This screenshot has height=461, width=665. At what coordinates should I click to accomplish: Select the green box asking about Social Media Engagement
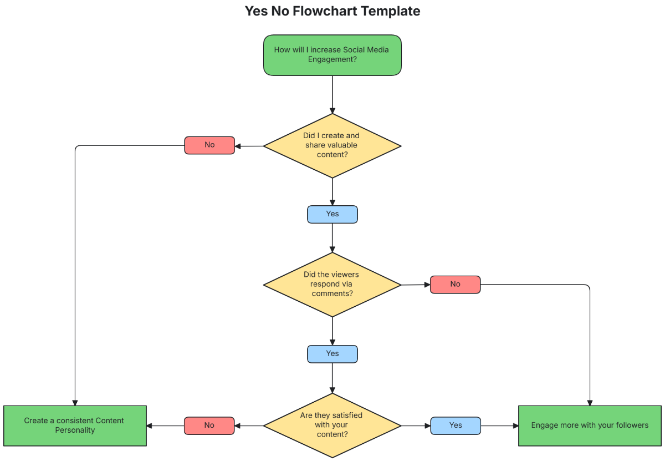coord(332,55)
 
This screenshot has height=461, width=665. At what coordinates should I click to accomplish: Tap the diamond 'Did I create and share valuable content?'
coord(332,146)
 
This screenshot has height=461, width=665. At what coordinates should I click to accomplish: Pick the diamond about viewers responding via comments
coord(332,285)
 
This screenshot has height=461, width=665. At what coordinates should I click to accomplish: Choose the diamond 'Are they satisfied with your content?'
coord(332,425)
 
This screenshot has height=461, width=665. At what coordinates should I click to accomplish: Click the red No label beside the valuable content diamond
coord(209,145)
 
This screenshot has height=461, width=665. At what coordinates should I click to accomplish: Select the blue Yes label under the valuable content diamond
coord(332,214)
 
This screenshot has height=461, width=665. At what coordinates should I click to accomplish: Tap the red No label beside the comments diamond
coord(455,285)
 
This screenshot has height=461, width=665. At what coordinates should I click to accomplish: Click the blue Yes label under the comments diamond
coord(332,354)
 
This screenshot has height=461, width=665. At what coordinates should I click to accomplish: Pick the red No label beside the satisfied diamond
coord(209,425)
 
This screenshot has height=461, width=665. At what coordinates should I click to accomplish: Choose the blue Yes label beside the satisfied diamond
coord(456,425)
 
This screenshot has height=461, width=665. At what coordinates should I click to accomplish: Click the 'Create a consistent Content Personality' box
coord(75,425)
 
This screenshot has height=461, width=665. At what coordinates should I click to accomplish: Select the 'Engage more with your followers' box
coord(590,425)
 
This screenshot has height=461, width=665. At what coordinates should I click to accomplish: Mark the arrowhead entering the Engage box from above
coord(590,402)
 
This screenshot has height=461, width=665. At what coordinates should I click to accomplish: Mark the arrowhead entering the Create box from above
coord(75,402)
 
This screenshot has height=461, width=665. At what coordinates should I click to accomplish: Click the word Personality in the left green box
coord(75,430)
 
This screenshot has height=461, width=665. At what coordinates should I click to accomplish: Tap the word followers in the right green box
coord(628,425)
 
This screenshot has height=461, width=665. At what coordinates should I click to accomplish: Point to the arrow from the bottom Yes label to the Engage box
coord(499,426)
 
